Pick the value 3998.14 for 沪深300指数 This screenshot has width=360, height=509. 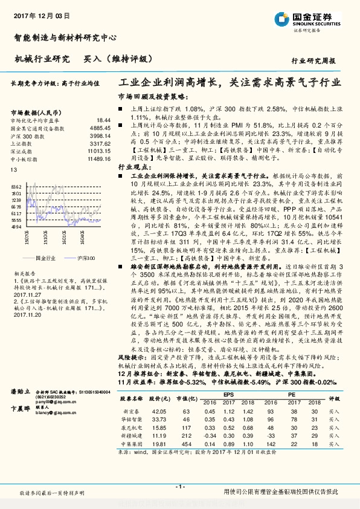(100, 137)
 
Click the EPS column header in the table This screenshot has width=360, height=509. (229, 395)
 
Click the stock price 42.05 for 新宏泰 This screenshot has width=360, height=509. (158, 410)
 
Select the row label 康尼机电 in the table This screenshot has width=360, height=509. (130, 426)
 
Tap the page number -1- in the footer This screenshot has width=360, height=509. (179, 487)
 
